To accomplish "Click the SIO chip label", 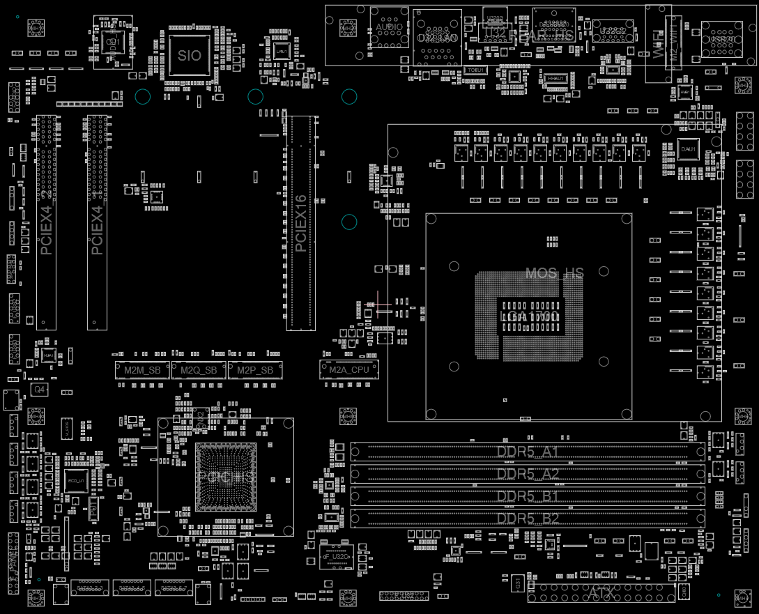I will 190,56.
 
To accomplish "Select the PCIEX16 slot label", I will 300,223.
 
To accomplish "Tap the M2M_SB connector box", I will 142,370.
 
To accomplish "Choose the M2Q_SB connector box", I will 199,370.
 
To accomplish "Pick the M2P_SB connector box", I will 255,370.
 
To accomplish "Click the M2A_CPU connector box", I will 349,370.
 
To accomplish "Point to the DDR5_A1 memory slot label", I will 528,452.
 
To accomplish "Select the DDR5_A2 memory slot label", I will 528,475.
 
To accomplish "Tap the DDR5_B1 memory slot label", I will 528,497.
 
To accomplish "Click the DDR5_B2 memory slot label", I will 528,519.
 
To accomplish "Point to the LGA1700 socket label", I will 530,318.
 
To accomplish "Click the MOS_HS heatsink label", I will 554,273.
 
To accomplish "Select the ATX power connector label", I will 600,593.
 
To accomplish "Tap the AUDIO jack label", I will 390,27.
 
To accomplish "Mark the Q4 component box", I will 40,390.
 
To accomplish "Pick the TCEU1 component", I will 477,70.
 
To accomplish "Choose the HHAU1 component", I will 555,79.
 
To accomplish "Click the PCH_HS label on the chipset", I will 226,477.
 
